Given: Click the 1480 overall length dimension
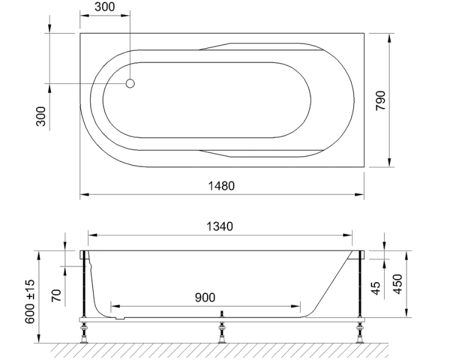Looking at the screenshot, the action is [x=221, y=186].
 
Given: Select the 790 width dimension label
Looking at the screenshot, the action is [x=381, y=100].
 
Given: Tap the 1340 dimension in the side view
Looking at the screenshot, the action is [x=220, y=227].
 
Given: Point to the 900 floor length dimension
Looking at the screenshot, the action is [x=205, y=298].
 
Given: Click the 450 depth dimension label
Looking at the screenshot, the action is [x=397, y=284].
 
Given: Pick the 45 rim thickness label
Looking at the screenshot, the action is [x=376, y=288].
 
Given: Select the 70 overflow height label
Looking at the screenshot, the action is [x=56, y=295].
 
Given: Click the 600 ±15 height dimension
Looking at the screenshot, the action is [x=30, y=301].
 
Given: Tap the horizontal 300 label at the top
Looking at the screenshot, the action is [x=105, y=7].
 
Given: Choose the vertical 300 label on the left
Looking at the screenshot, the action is [x=41, y=116].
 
